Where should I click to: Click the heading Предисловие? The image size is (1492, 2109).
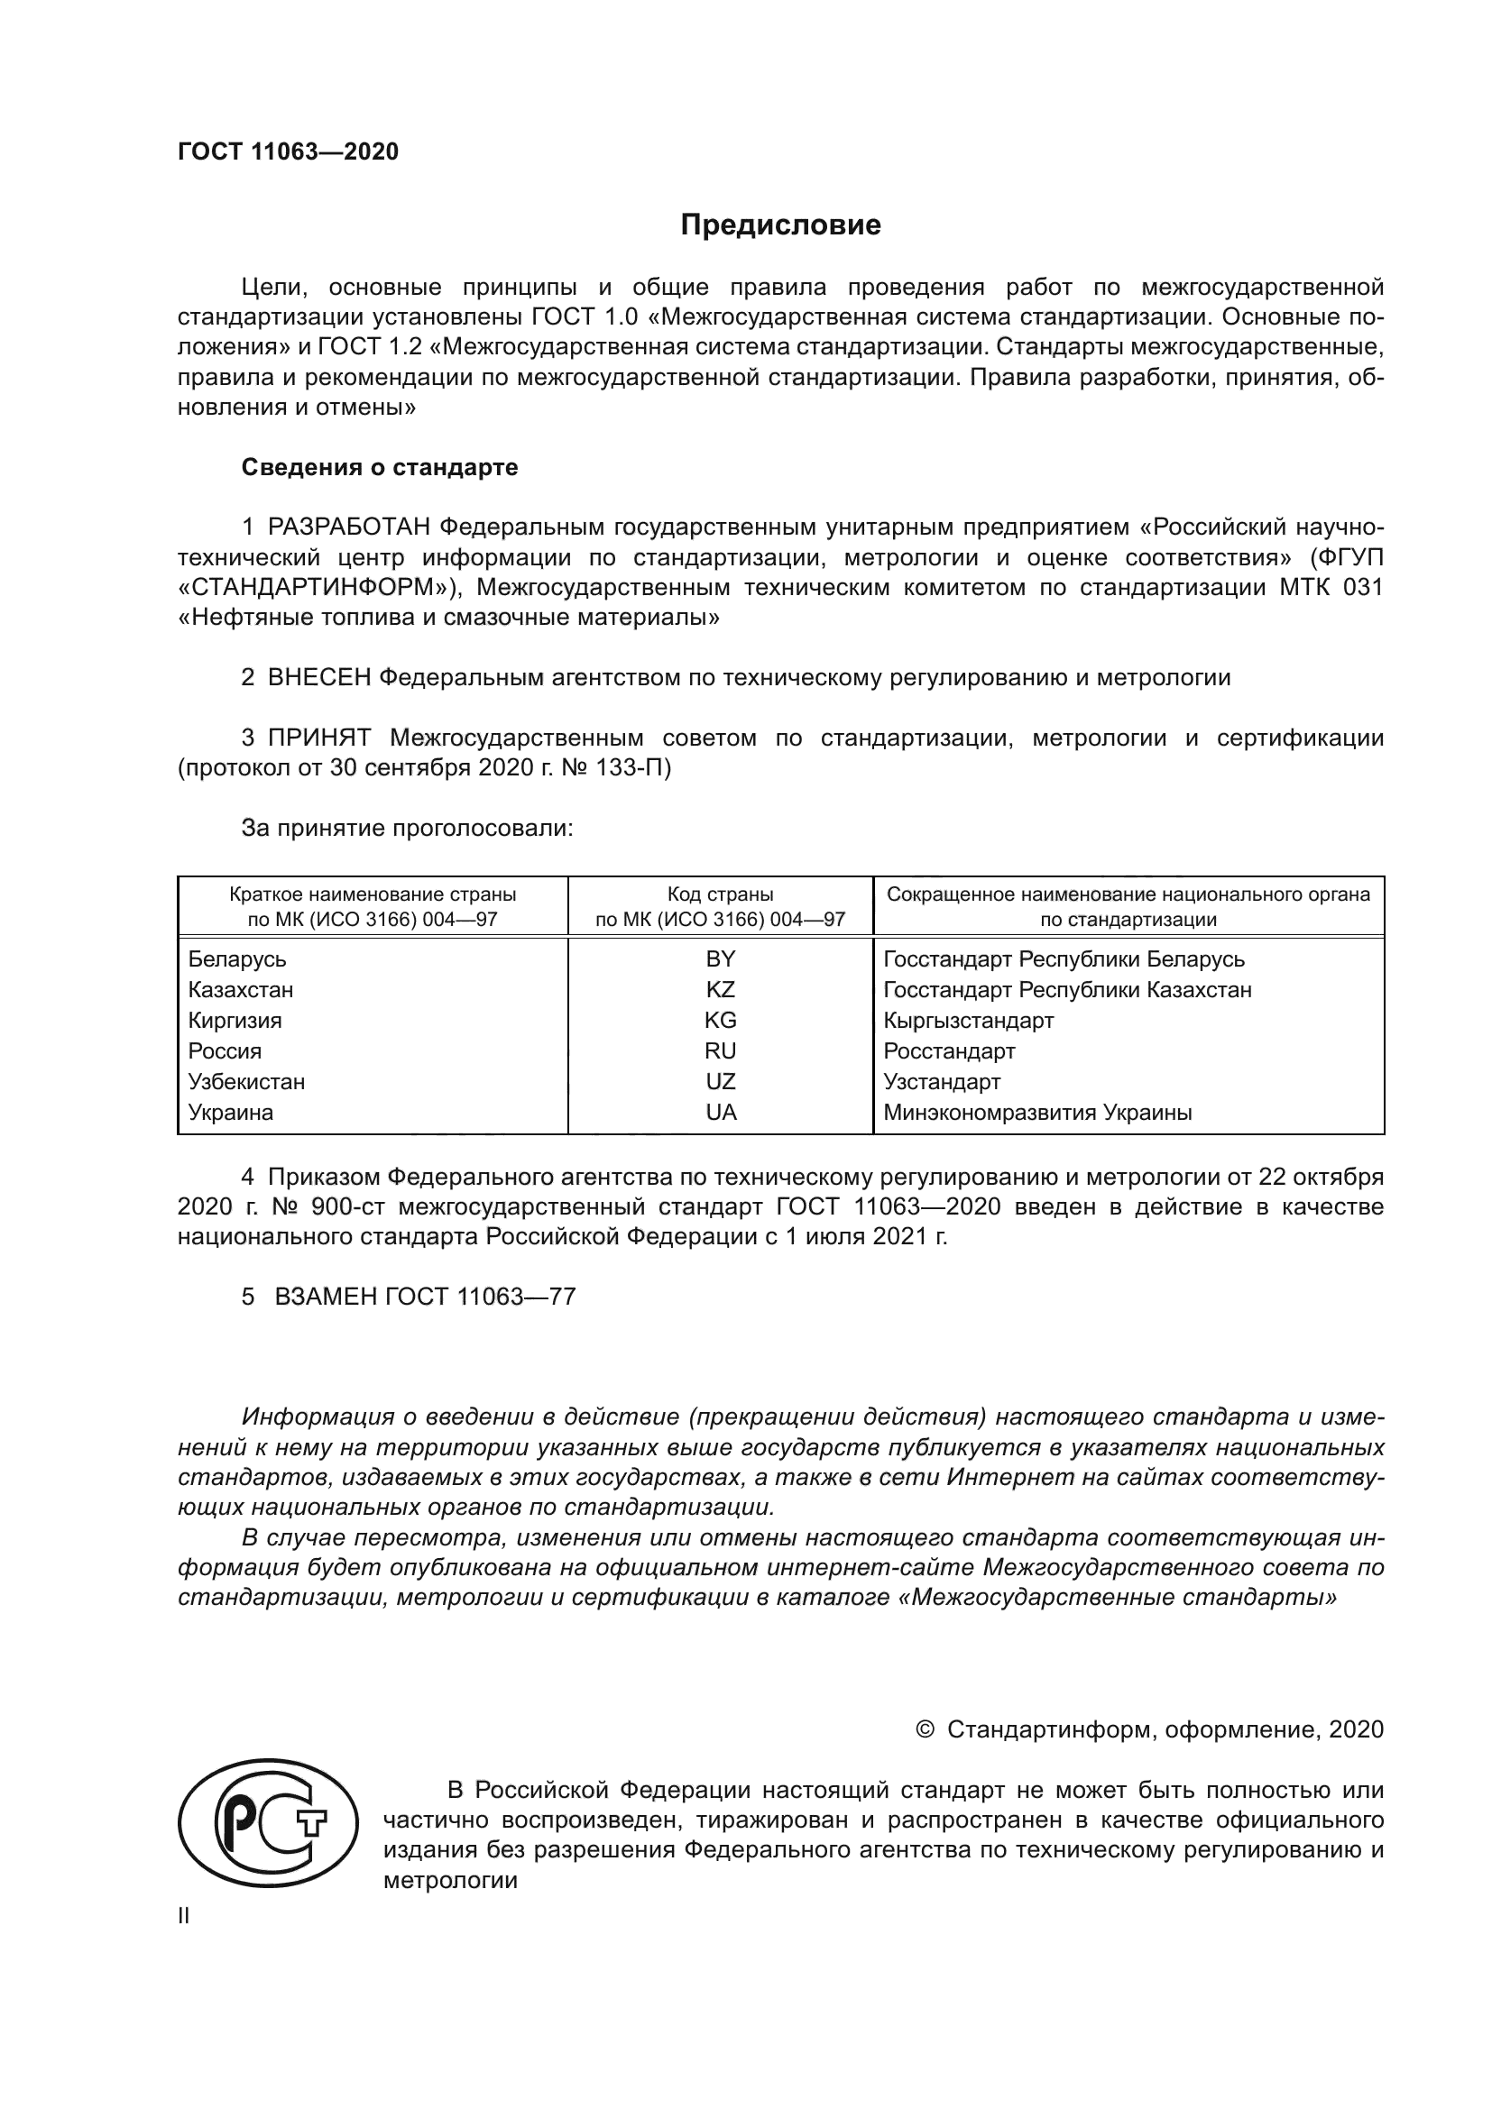point(780,225)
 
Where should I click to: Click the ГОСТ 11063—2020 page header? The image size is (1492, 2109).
point(289,151)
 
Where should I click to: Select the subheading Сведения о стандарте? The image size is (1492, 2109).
point(380,468)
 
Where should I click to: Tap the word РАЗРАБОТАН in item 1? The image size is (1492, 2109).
point(349,527)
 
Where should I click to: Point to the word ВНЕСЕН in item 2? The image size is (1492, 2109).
point(319,678)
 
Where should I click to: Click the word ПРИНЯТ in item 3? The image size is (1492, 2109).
point(319,738)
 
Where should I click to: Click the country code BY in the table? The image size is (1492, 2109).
point(720,959)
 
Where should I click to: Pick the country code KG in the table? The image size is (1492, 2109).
point(720,1021)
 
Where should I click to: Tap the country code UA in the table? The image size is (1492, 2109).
point(720,1113)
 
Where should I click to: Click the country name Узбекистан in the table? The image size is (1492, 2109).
point(246,1082)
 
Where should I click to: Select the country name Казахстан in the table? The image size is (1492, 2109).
point(241,990)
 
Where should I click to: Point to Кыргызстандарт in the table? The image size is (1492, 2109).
point(968,1021)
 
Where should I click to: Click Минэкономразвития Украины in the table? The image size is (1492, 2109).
point(1037,1113)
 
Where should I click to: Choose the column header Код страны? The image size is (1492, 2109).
point(720,894)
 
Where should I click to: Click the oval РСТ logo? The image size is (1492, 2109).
point(268,1824)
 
